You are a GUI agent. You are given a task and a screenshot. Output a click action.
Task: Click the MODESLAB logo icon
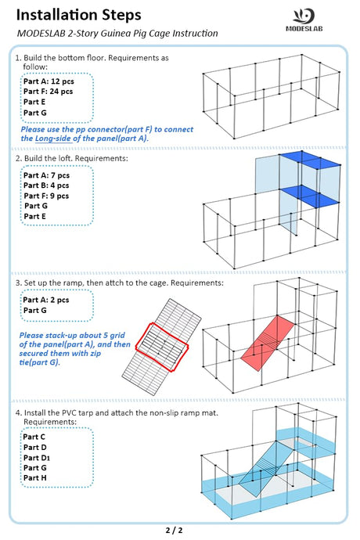304,16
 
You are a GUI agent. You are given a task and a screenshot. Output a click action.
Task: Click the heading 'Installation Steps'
78,15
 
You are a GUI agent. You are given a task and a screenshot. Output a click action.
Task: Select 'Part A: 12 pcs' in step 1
49,81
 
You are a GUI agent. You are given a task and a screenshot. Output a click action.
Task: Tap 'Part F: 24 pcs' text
48,92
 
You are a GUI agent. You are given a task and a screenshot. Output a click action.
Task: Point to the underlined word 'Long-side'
53,139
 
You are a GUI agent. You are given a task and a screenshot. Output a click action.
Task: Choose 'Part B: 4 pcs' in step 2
46,185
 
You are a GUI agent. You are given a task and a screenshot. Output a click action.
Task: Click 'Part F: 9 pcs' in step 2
46,196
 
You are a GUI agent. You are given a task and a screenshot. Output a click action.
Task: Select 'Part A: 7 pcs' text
46,175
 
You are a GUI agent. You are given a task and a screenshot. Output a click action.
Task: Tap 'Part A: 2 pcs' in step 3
46,300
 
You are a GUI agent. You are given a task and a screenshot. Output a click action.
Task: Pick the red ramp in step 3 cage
268,344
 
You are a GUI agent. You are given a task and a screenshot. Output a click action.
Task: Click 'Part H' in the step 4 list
34,477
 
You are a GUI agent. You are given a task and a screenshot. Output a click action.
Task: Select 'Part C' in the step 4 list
34,437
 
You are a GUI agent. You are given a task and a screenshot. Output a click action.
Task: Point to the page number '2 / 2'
175,531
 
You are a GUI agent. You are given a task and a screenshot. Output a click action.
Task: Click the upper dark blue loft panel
310,160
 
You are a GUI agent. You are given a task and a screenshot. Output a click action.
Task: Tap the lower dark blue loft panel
310,196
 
